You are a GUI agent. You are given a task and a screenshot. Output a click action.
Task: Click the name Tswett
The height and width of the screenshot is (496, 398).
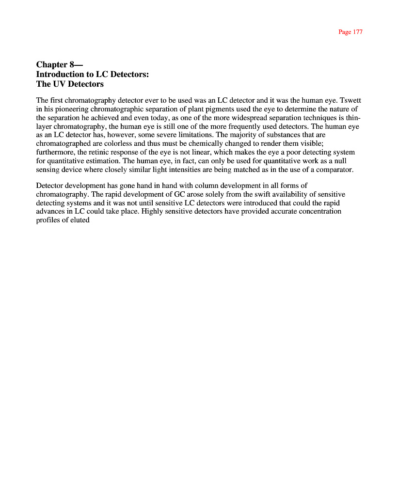[x=350, y=101]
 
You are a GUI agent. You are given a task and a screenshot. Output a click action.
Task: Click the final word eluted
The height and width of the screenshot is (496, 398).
[x=79, y=221]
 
